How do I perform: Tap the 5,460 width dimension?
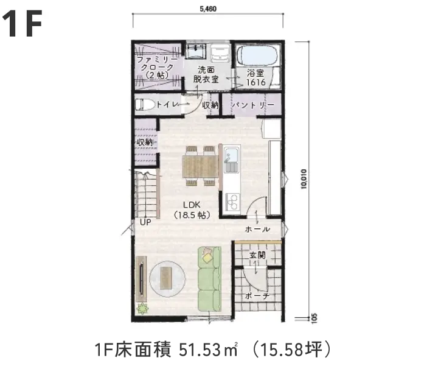coord(207,8)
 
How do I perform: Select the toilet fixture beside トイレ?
coord(144,104)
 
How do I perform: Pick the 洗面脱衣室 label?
coord(206,74)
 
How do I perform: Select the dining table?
coord(200,164)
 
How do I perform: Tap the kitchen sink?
coord(232,161)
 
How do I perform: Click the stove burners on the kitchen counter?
coord(232,200)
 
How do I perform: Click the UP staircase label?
coord(145,222)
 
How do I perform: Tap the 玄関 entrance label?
coord(257,256)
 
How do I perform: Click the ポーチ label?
coord(257,296)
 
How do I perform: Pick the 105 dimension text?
coord(314,317)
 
